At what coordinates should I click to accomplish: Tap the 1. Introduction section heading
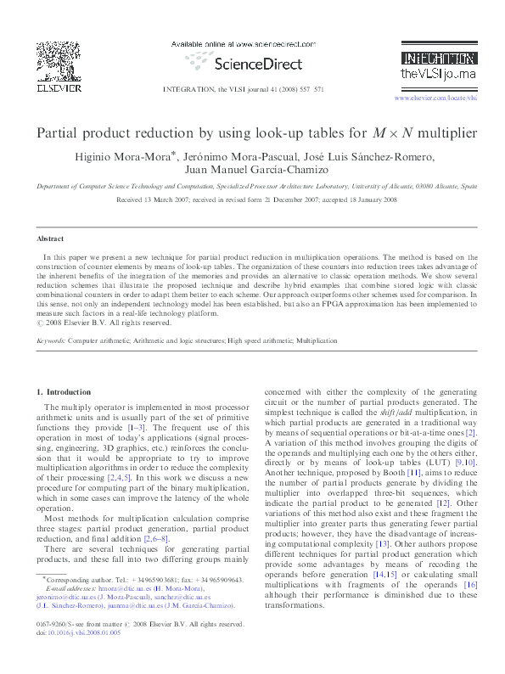tap(65, 391)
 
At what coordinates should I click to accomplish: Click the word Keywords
tap(51, 340)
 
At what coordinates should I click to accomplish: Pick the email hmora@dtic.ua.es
tap(109, 587)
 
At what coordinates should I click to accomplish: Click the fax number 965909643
tap(221, 579)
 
